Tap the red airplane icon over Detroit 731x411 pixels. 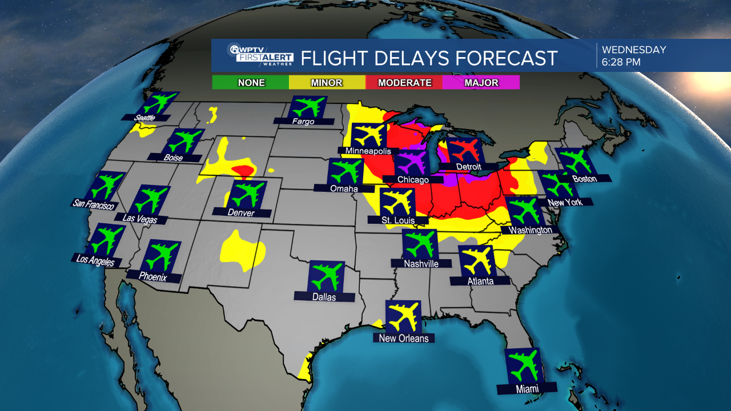pos(463,151)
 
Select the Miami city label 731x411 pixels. pos(527,389)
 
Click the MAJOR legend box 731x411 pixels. pos(481,83)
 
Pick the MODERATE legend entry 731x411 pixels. pos(404,83)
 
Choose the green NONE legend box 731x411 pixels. pos(251,83)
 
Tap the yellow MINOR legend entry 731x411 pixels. pos(327,83)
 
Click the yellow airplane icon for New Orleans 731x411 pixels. pos(403,317)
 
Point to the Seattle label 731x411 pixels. pos(145,118)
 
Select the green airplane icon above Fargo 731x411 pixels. pos(308,107)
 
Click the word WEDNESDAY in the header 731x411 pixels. pos(634,50)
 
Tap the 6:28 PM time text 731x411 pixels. pos(621,62)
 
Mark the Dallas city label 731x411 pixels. pos(324,297)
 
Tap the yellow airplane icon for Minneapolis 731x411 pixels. pos(368,136)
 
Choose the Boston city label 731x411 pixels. pos(584,179)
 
